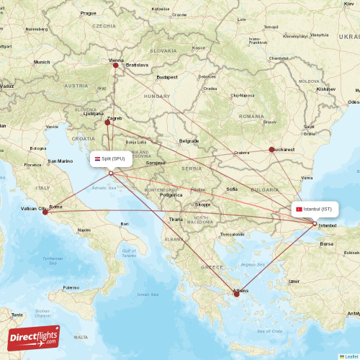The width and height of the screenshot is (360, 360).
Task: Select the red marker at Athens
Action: pos(236,294)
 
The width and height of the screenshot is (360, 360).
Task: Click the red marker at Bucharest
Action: pos(271,150)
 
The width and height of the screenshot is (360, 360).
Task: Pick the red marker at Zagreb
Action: pos(107,122)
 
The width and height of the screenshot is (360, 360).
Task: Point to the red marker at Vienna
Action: pos(115,65)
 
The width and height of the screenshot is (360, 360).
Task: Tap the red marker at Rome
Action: pos(45,212)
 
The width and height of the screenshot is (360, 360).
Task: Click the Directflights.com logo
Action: pos(34,337)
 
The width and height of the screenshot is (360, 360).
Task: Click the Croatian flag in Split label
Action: pos(97,158)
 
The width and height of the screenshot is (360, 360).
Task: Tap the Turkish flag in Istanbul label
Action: pos(299,209)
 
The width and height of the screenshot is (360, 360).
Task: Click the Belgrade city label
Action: pos(189,140)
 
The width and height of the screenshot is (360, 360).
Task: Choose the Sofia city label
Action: pos(232,189)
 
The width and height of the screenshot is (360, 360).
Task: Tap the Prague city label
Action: pos(89,13)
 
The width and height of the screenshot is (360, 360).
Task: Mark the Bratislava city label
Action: pos(137,65)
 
